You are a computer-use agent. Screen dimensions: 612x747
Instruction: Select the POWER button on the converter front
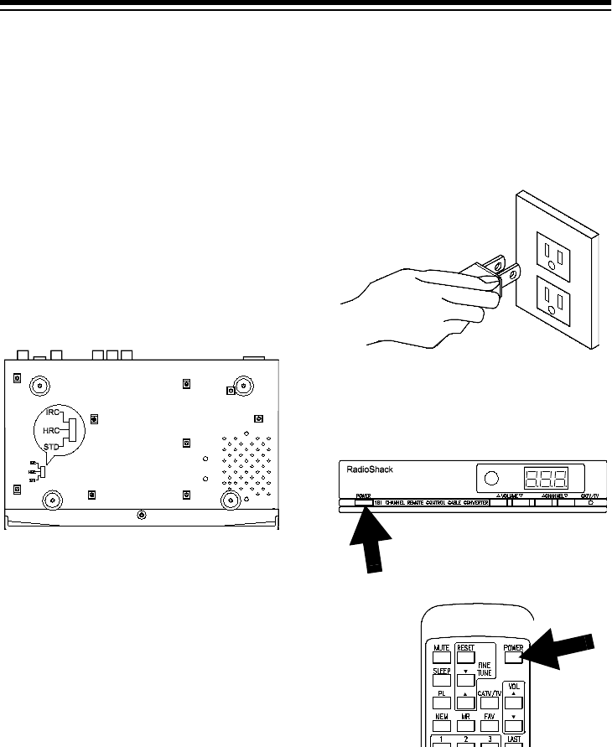[363, 501]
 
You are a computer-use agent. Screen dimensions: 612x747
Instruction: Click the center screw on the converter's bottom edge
[141, 514]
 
